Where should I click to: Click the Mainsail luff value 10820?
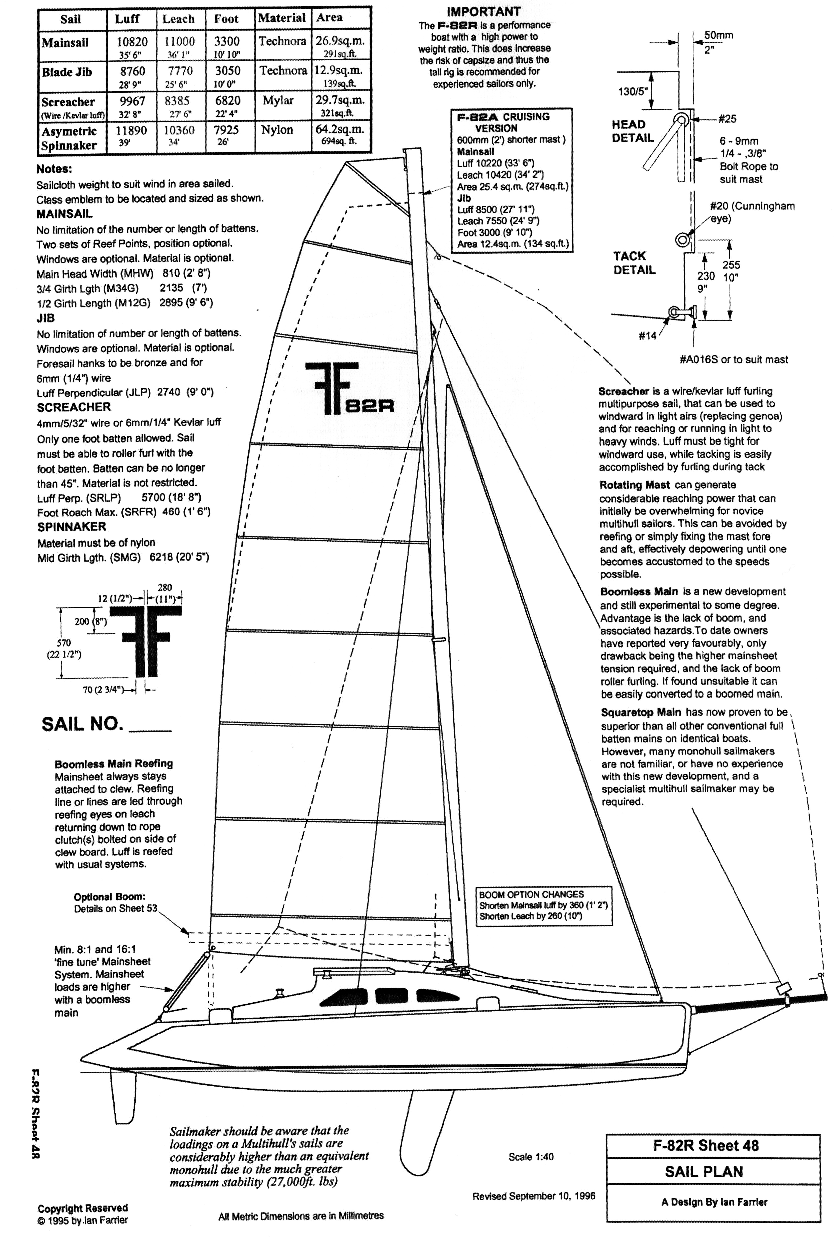click(x=132, y=42)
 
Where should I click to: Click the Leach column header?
click(x=178, y=19)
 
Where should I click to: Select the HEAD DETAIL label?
click(x=633, y=131)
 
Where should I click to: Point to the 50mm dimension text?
click(x=718, y=35)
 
